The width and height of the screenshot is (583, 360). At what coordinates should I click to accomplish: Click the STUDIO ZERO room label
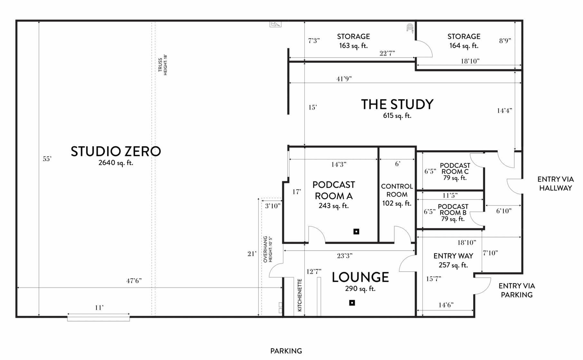116,151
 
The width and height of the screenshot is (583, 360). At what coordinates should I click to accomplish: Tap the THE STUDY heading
397,104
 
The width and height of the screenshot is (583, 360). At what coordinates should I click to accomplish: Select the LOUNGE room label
360,277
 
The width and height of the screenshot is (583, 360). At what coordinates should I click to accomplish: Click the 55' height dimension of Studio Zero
47,159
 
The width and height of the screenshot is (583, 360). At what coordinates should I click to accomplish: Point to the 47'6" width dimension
134,281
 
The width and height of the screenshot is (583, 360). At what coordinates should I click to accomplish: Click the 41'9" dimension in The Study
344,79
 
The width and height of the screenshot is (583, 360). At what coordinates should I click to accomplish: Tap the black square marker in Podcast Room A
356,232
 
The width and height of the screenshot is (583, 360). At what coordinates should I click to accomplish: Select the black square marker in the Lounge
352,303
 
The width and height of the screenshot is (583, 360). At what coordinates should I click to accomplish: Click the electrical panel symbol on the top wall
275,24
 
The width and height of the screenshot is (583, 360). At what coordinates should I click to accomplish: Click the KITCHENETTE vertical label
300,295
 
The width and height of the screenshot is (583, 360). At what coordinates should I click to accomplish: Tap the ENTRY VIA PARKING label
517,290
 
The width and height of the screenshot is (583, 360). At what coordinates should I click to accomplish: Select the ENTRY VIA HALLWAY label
556,184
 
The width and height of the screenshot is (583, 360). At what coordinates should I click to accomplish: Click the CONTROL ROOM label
397,190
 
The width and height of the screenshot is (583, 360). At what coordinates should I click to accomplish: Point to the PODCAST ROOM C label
455,168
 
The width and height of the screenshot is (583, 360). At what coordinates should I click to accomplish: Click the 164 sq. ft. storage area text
464,46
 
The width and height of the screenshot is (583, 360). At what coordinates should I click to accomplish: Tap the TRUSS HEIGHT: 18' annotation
163,65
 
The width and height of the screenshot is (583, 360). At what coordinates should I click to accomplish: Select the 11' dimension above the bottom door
99,308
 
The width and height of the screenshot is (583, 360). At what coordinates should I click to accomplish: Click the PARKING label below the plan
286,351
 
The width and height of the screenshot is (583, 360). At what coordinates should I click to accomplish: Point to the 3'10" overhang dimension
273,206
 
